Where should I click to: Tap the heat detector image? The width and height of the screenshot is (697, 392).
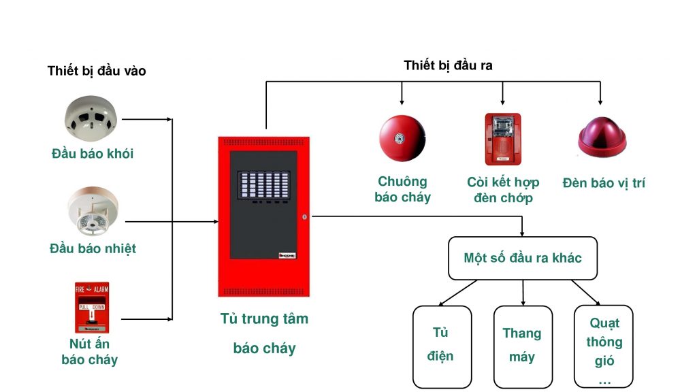93,212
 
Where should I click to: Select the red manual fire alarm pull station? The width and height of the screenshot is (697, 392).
91,307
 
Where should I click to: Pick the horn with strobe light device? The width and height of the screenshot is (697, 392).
502,140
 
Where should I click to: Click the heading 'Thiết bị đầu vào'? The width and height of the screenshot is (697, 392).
97,71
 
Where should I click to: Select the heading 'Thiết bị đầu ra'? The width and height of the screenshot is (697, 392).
448,65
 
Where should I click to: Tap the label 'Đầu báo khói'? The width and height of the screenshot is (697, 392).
93,154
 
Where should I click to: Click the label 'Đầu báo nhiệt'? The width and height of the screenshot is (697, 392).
93,248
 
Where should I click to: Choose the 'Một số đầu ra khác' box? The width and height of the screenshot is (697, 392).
522,258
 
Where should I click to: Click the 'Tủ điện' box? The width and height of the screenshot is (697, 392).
441,345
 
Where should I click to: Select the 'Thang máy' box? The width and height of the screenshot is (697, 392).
522,345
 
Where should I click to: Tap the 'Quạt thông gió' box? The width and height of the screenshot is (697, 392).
604,345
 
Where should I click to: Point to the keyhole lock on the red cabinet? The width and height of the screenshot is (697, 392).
304,217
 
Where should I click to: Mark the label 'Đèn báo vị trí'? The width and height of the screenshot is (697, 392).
604,183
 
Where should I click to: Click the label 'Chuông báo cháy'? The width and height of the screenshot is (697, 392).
402,189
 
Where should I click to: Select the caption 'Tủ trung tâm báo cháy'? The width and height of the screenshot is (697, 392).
264,333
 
